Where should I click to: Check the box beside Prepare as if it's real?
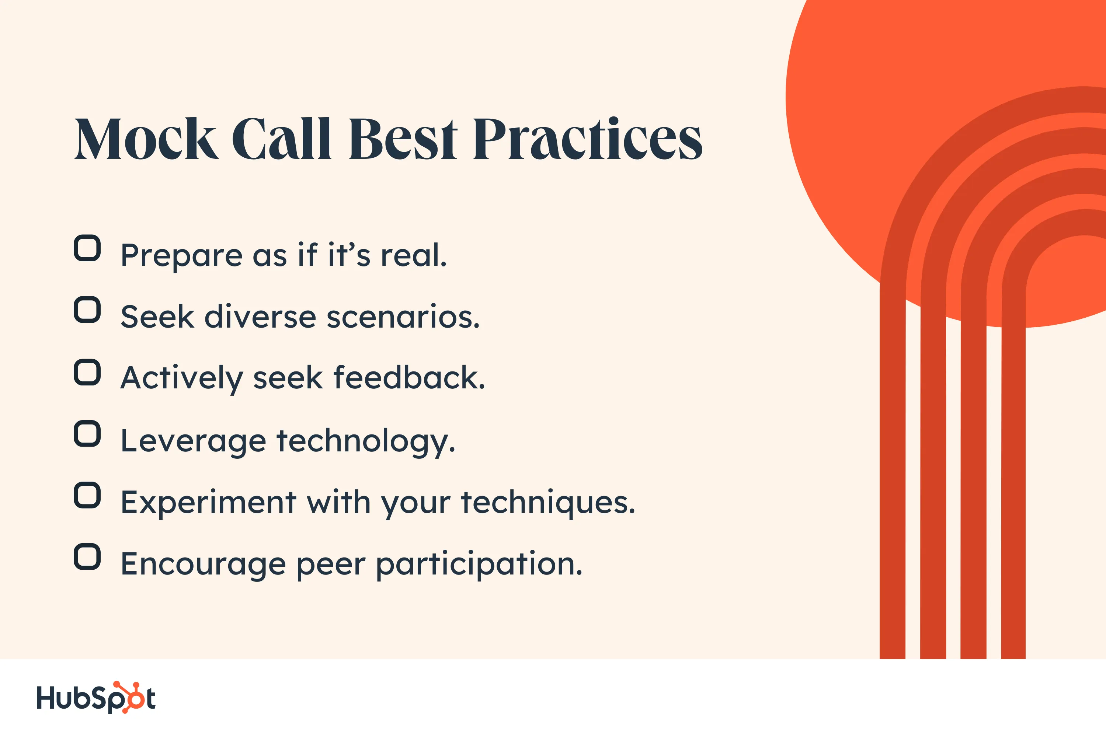[87, 248]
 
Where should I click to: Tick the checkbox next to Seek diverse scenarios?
[87, 309]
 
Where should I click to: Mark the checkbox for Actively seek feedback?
[87, 372]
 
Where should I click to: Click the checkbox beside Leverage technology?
[87, 433]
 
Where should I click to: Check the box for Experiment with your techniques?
[87, 495]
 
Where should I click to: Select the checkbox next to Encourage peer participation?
[87, 556]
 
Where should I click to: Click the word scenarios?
[403, 317]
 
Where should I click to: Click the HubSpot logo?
[96, 698]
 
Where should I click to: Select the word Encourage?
[204, 564]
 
